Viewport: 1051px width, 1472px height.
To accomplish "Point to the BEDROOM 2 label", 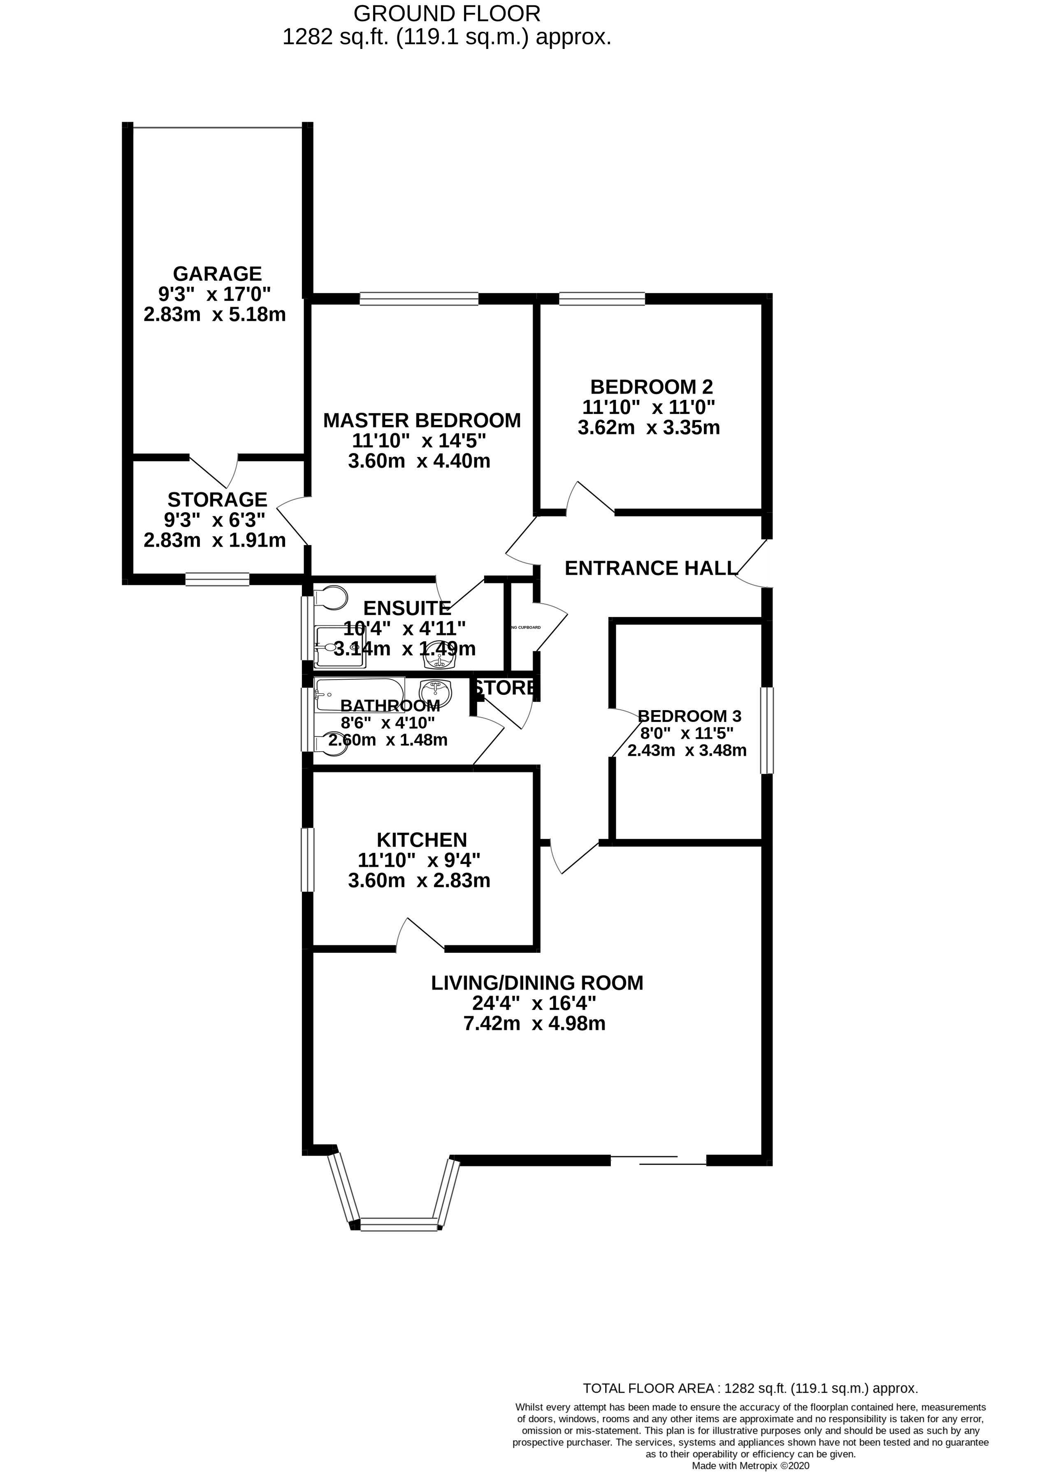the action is coord(651,387).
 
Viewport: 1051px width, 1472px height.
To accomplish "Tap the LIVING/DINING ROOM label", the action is coord(537,1001).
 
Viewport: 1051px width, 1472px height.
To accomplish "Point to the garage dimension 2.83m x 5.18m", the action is coord(214,315).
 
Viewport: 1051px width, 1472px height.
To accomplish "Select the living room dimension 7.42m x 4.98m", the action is coord(537,1042).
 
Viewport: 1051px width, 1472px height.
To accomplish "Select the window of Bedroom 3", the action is coord(766,730).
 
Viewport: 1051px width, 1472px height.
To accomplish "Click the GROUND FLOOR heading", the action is coord(447,13).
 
